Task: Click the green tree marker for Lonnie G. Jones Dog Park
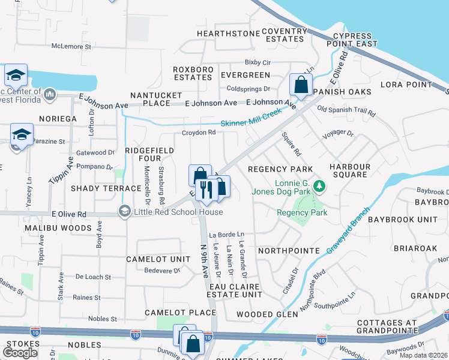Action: click(x=319, y=187)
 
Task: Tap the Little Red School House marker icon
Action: click(x=124, y=211)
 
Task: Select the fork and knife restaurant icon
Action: click(x=206, y=190)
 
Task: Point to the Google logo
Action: click(x=20, y=353)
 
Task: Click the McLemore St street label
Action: click(x=71, y=46)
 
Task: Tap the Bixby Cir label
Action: click(x=258, y=62)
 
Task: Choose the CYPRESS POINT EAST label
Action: click(x=352, y=40)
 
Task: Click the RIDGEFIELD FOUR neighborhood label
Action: click(x=149, y=155)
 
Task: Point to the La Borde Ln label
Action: click(x=226, y=234)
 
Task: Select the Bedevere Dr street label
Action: click(x=162, y=271)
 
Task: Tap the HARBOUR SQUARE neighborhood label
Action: click(x=350, y=170)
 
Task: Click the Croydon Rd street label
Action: click(x=199, y=133)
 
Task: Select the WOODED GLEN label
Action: click(x=267, y=314)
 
